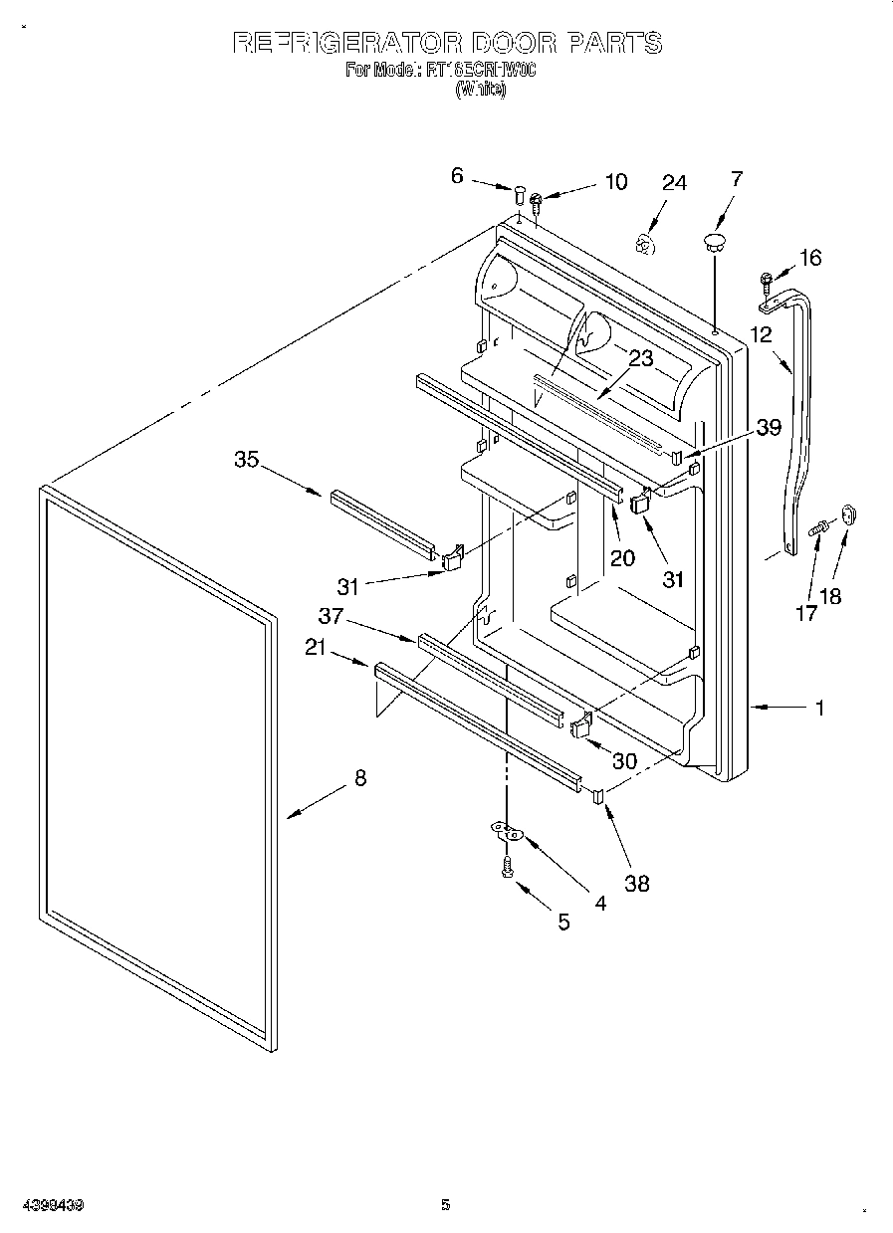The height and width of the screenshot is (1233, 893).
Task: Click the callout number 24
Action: (674, 183)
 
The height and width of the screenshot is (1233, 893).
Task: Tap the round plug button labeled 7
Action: (714, 239)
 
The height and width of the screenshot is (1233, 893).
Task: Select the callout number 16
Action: (810, 258)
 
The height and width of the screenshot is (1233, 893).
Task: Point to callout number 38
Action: (636, 882)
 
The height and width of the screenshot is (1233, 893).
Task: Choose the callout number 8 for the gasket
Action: (359, 778)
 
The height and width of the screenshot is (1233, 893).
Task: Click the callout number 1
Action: (819, 708)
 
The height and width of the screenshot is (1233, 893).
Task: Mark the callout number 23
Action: (641, 358)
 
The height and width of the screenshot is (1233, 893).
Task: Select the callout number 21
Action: (316, 648)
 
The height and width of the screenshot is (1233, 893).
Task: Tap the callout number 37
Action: (331, 616)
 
